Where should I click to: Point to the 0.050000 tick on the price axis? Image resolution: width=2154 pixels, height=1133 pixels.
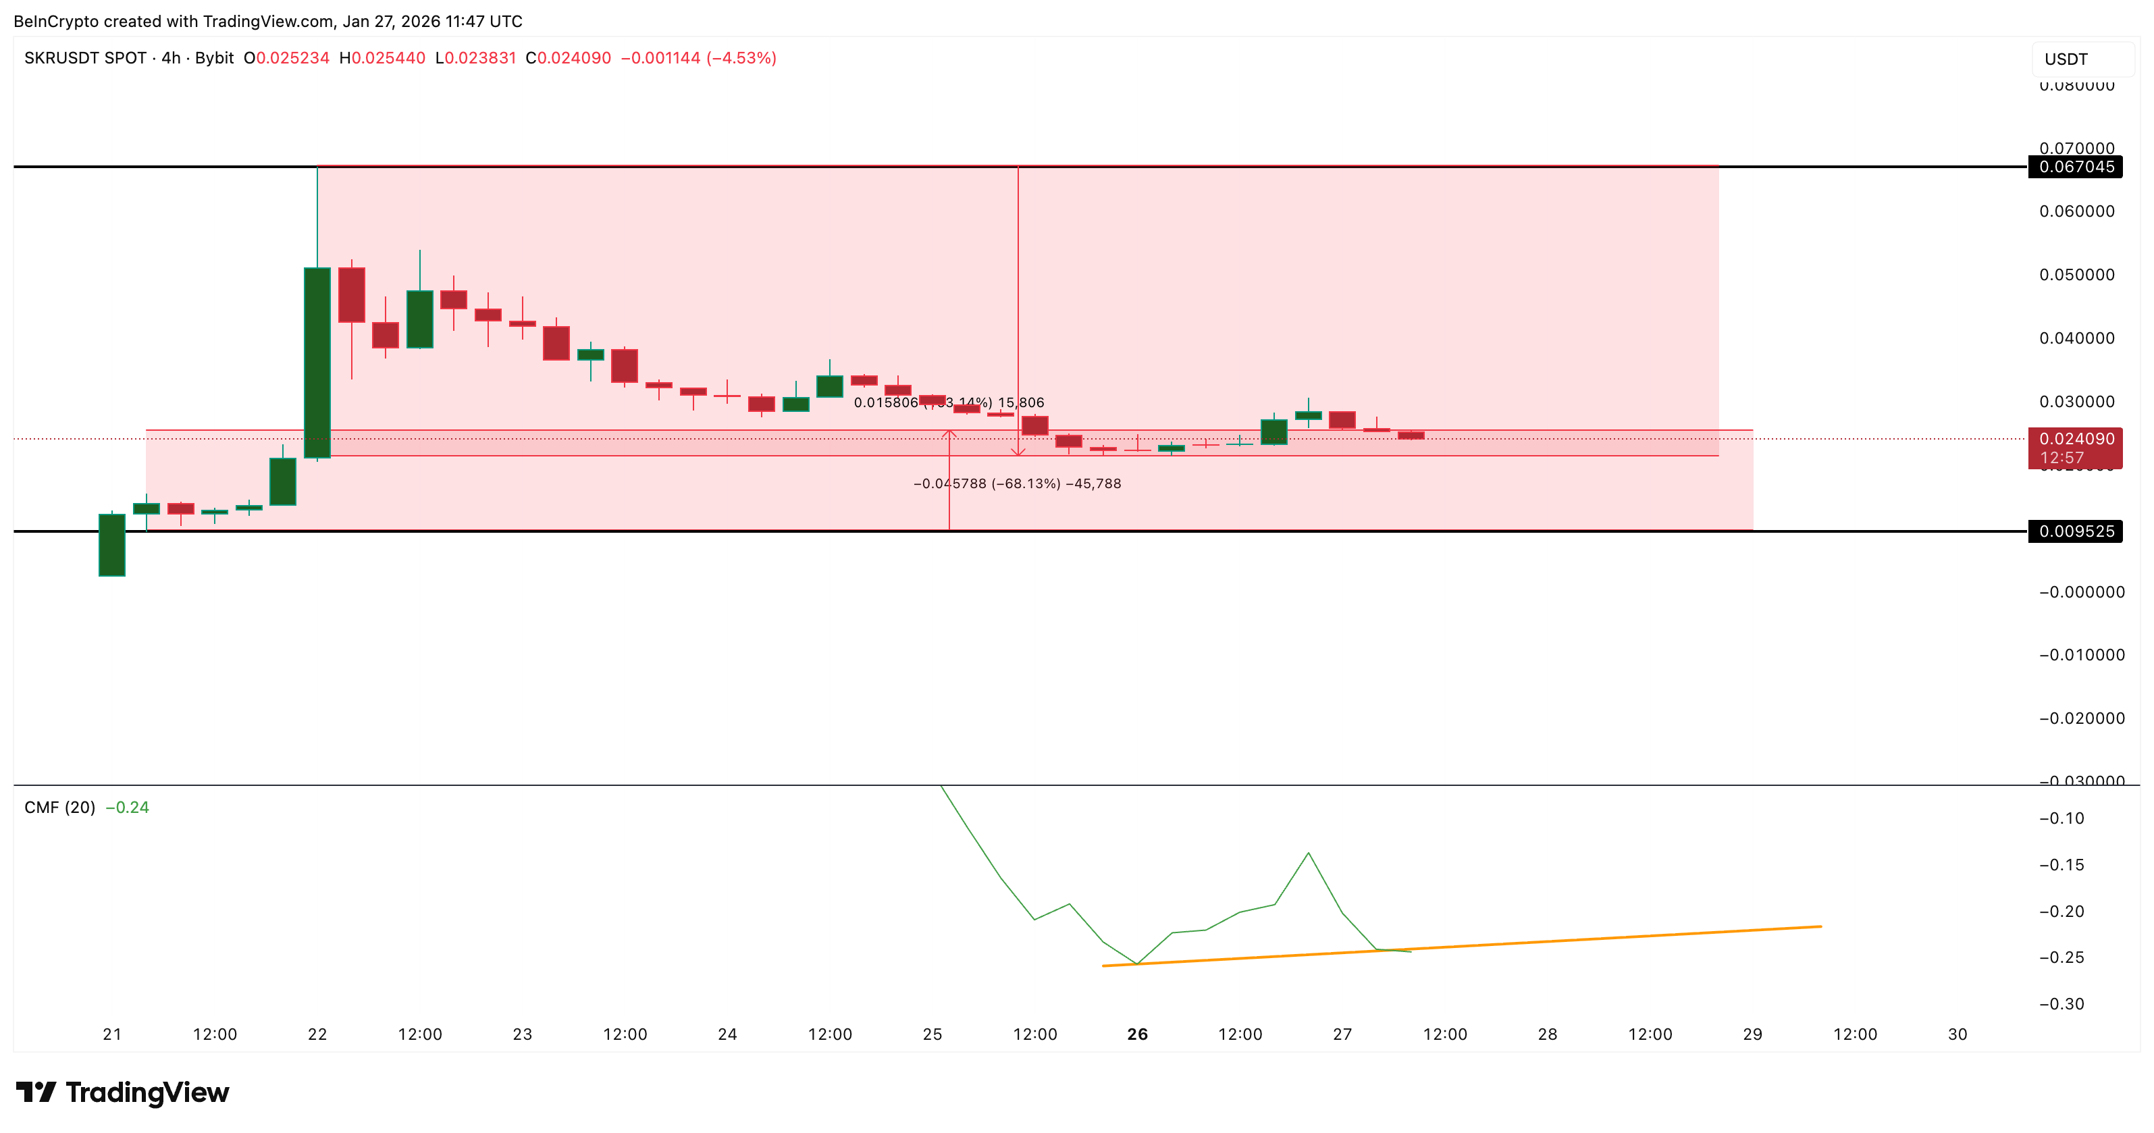coord(2076,275)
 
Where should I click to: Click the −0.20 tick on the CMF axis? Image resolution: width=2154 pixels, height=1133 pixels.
coord(2061,912)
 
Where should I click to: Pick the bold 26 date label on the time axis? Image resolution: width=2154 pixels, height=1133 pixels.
coord(1137,1034)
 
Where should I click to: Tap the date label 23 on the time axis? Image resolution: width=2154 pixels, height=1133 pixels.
coord(523,1034)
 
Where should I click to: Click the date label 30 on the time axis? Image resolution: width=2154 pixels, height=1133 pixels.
coord(1958,1034)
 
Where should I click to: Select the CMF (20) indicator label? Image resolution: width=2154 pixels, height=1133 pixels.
coord(59,808)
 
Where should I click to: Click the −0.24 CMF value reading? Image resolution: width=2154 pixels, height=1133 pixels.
coord(128,808)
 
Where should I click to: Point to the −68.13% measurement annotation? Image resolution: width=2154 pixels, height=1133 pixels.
coord(1017,484)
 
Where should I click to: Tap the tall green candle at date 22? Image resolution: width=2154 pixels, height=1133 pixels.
coord(317,363)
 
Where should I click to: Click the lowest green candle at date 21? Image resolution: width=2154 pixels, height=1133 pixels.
coord(112,545)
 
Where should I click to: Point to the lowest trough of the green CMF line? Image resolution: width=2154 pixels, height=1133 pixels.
coord(1137,964)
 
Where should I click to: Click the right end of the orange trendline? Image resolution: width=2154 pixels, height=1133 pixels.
coord(1820,926)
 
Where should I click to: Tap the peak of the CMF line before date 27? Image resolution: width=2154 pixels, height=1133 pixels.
coord(1308,853)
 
